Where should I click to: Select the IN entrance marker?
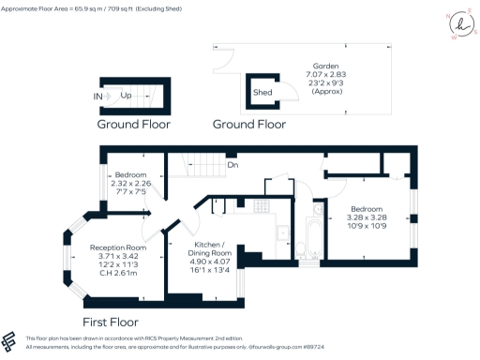tap(98, 96)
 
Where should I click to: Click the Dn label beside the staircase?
tap(232, 166)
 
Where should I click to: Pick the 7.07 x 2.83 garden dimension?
tap(326, 76)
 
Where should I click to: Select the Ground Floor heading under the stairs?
tap(132, 124)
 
